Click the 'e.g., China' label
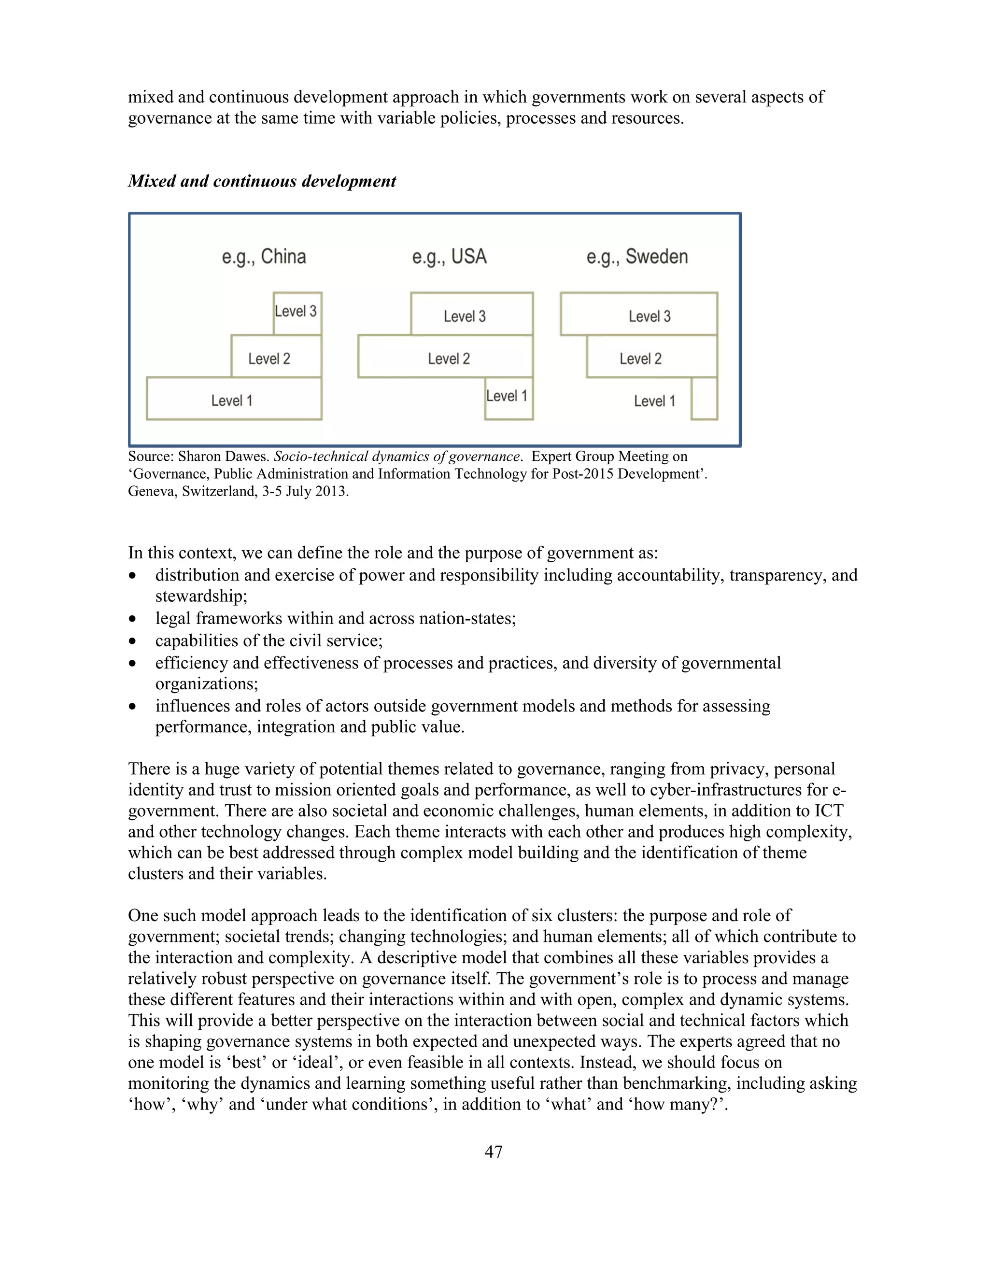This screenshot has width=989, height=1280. [264, 256]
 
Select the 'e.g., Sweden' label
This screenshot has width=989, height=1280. [637, 256]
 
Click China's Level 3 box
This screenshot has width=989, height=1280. [297, 313]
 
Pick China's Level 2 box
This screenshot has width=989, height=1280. [276, 356]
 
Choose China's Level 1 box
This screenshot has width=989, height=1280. [234, 398]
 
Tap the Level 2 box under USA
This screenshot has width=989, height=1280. [445, 356]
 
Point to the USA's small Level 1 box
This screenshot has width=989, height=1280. [509, 398]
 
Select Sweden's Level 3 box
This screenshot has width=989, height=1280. [638, 314]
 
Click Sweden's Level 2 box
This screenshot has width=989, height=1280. [651, 356]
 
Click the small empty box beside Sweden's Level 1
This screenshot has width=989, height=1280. [704, 398]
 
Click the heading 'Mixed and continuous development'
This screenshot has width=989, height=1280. [262, 181]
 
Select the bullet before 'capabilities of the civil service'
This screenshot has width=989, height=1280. [133, 641]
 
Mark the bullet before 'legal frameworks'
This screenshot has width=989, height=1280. [133, 619]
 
